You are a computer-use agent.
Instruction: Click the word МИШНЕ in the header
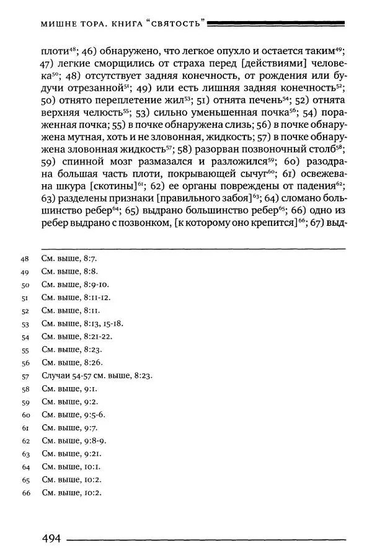pos(58,25)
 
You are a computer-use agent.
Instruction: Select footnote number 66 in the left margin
pos(25,492)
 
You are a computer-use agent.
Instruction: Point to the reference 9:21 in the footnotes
pos(91,453)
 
